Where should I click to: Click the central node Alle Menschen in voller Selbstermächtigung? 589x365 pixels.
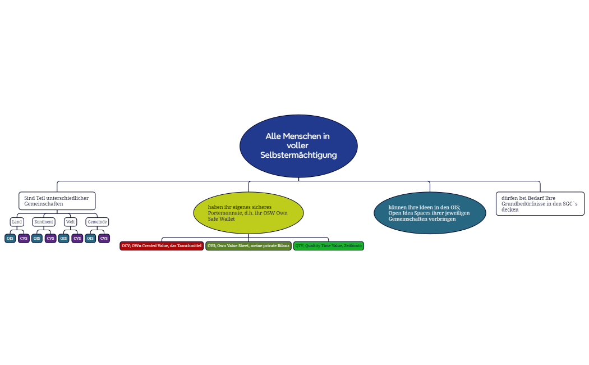(x=298, y=146)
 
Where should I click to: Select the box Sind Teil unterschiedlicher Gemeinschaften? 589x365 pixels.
(x=57, y=201)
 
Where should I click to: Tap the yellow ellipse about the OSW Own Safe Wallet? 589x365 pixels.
(x=248, y=213)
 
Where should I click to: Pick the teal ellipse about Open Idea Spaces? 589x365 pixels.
(x=430, y=213)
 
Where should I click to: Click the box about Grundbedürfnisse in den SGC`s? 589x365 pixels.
(x=540, y=204)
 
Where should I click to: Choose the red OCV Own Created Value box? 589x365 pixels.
(x=162, y=246)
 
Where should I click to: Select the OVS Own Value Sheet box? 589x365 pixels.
(x=249, y=246)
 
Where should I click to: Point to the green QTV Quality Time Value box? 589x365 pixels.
(x=329, y=246)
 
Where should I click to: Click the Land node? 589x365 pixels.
(x=17, y=222)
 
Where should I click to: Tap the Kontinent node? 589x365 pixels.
(x=44, y=222)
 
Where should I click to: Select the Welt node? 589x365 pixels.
(x=70, y=222)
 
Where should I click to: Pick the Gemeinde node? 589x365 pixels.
(x=97, y=222)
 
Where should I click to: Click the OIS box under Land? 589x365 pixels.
(x=10, y=239)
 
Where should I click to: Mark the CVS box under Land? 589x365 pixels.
(x=24, y=239)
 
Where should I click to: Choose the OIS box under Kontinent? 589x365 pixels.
(x=37, y=239)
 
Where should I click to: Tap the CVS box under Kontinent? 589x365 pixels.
(x=50, y=239)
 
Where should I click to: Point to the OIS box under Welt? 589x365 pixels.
(x=63, y=239)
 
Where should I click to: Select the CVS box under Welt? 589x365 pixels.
(x=77, y=239)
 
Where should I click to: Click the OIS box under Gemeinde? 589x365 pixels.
(x=90, y=239)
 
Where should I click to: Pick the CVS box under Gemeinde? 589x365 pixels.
(x=104, y=239)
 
